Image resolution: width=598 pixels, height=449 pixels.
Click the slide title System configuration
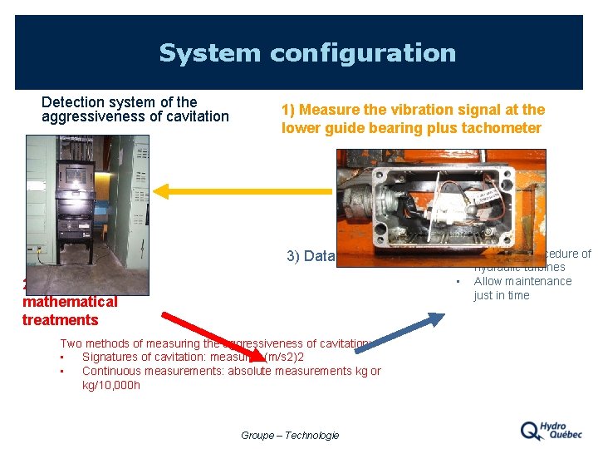(307, 53)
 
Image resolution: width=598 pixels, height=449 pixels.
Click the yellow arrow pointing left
(241, 191)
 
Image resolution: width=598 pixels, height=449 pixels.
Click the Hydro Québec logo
(551, 430)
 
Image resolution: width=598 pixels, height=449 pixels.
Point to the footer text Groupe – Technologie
(290, 435)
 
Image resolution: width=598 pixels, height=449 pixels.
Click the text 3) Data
(310, 256)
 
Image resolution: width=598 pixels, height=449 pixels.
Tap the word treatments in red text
(60, 320)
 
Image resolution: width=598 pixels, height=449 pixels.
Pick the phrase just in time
(501, 295)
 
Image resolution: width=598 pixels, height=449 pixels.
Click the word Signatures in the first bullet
(111, 357)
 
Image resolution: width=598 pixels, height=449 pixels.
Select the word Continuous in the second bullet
(115, 371)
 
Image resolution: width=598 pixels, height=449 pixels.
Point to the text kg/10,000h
(111, 385)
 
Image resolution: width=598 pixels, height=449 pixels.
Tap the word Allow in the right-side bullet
(488, 281)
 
